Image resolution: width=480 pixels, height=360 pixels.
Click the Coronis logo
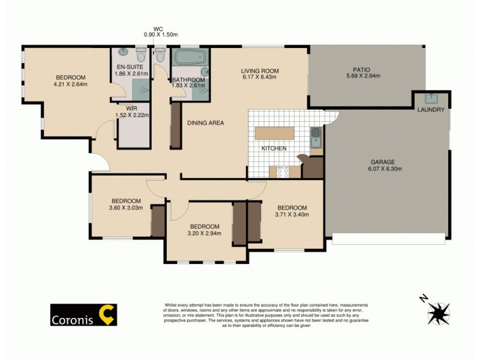click(x=83, y=315)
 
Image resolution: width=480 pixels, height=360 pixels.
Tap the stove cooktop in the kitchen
click(x=283, y=172)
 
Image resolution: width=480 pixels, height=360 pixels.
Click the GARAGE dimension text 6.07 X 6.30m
click(x=385, y=169)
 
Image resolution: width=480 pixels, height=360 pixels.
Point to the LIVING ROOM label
click(x=260, y=71)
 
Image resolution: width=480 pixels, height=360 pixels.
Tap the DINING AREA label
click(x=205, y=123)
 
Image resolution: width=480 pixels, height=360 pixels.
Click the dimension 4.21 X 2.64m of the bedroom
click(x=71, y=84)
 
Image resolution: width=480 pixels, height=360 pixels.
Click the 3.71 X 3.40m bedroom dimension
click(x=291, y=214)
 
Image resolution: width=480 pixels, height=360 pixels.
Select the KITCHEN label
click(x=274, y=148)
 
